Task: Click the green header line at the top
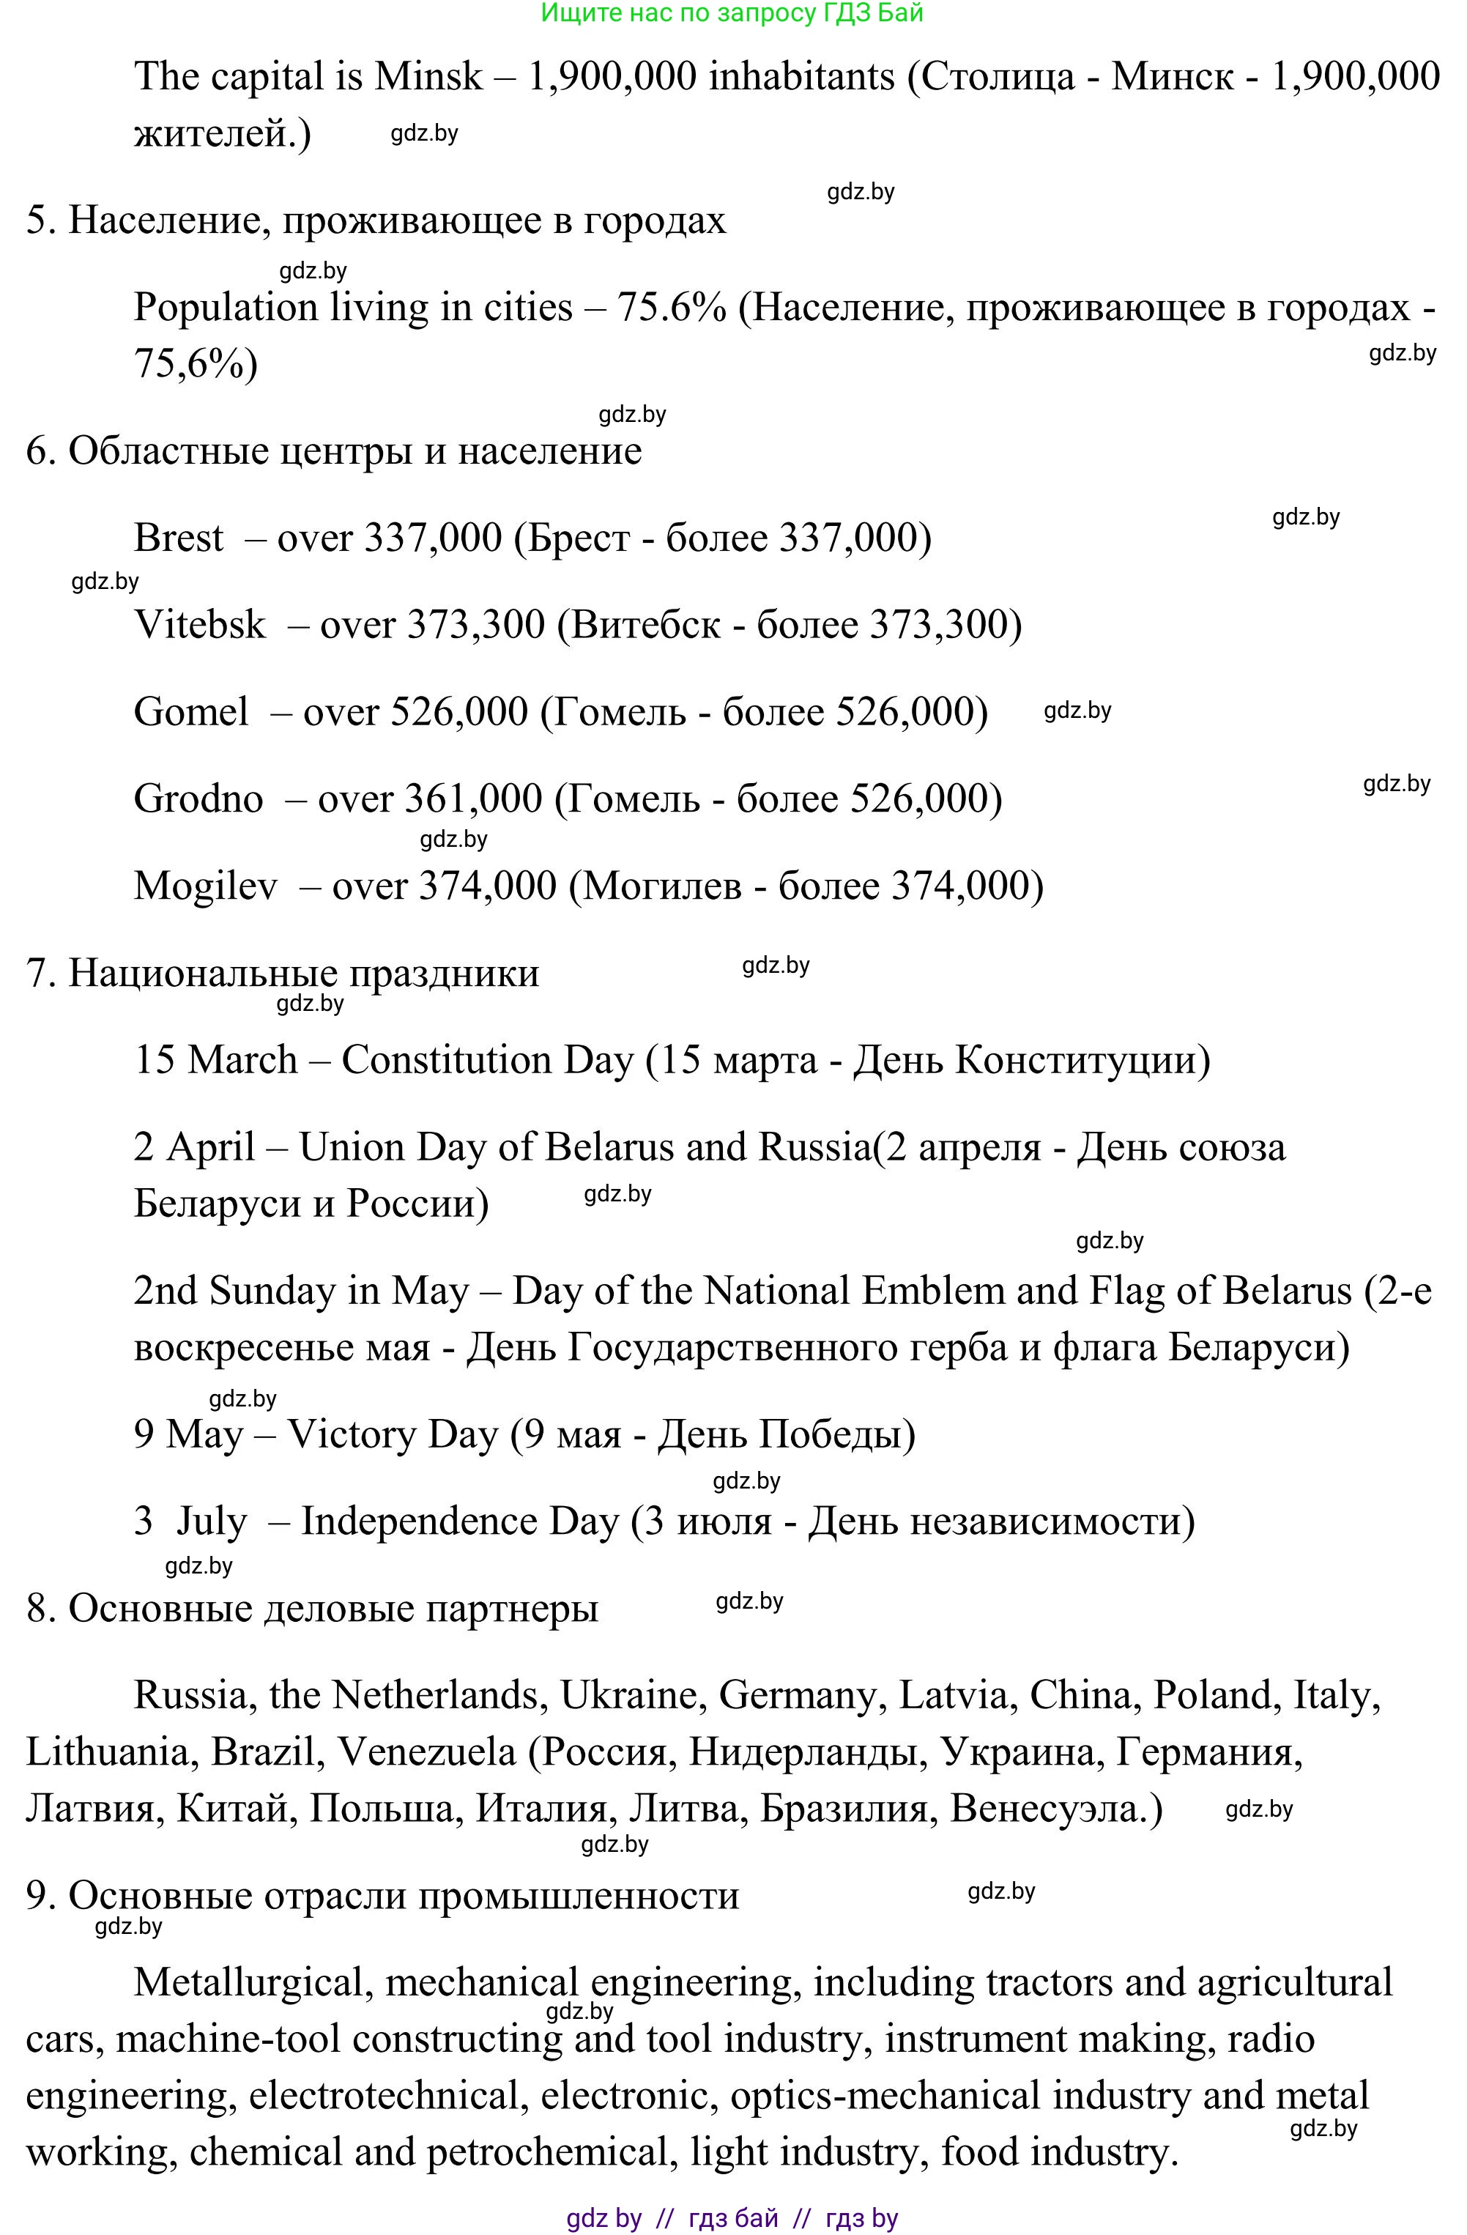coord(732,13)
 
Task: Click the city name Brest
coord(179,538)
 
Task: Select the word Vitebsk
coord(199,624)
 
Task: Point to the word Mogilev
coord(205,886)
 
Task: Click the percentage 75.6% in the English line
coord(671,308)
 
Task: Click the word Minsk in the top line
coord(428,77)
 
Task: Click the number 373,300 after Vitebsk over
coord(475,624)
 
